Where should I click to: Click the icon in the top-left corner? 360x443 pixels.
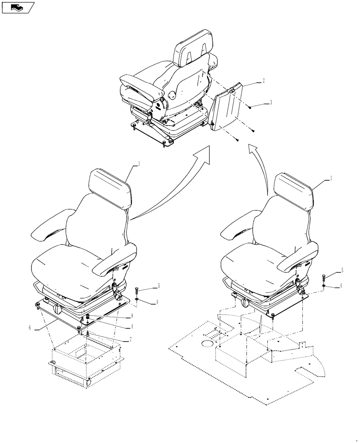point(17,7)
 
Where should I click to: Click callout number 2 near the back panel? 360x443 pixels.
point(264,81)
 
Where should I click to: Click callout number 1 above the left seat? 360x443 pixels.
point(139,163)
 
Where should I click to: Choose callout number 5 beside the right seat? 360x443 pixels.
point(342,269)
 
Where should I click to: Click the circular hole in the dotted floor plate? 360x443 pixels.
point(207,344)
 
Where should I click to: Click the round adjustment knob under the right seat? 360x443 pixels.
point(247,303)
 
